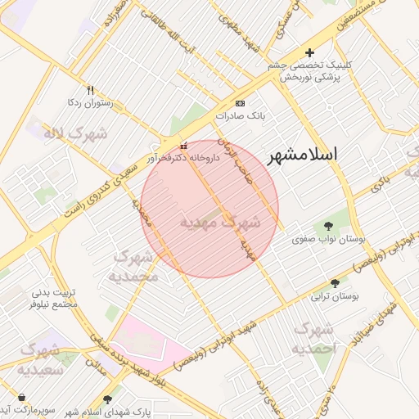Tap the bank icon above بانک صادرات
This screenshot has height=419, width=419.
(240, 104)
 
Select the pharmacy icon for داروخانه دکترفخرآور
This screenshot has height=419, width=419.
(182, 146)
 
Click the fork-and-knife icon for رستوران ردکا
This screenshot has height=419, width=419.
(90, 91)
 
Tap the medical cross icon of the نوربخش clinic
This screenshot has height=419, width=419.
(309, 53)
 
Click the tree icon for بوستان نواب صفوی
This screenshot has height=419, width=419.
(329, 227)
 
